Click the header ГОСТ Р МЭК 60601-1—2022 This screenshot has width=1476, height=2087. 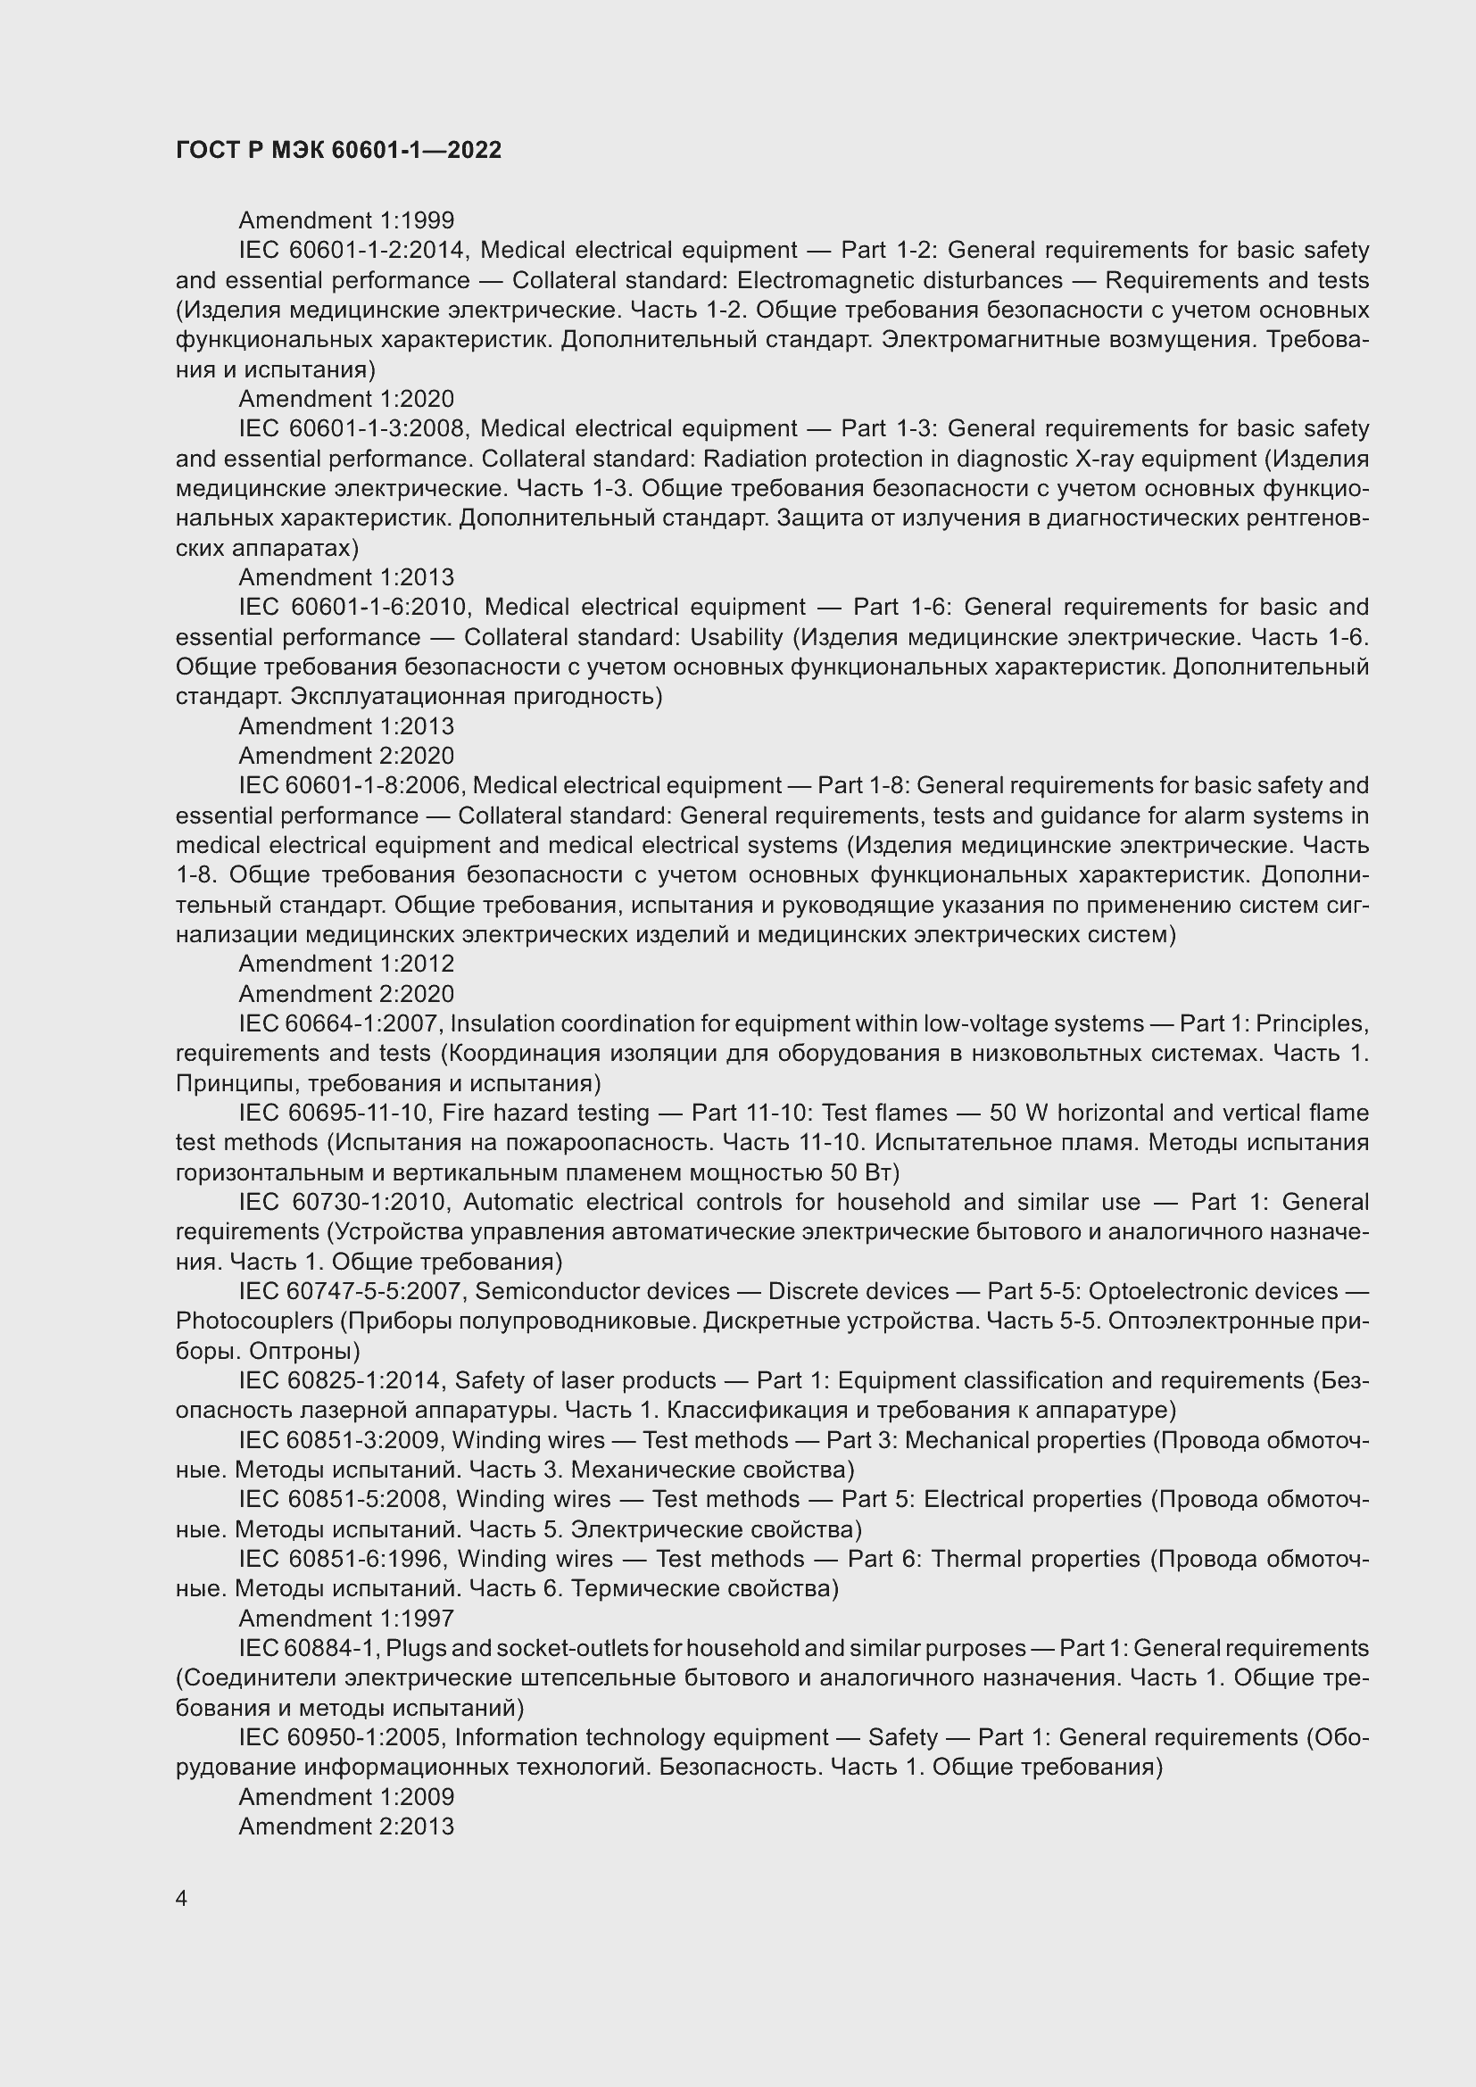pos(338,150)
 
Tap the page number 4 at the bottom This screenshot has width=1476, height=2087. pos(182,1898)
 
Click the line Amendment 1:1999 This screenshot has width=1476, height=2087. pos(346,220)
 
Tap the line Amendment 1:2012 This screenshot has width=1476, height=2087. pos(346,964)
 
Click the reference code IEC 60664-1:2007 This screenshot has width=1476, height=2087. pos(340,1023)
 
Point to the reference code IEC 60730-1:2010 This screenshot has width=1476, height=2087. pos(343,1202)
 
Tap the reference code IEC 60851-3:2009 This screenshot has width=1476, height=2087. pos(340,1440)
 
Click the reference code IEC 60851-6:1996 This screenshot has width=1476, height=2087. pos(342,1559)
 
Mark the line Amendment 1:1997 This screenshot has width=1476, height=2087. pos(346,1618)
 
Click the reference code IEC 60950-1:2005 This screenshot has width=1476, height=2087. pos(341,1737)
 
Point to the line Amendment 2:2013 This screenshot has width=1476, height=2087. pos(346,1826)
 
